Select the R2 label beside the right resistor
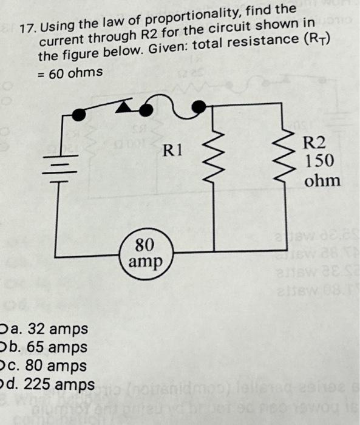tap(314, 144)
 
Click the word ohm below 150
tap(322, 180)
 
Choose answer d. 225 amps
tap(50, 386)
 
